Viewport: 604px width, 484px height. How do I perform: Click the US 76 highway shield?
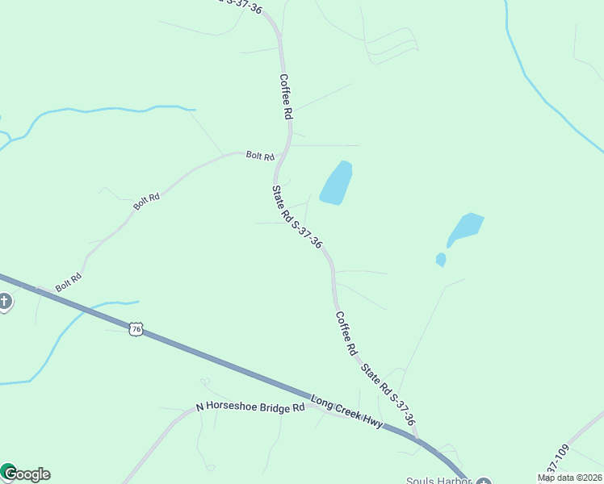136,328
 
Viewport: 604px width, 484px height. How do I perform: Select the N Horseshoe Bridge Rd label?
250,408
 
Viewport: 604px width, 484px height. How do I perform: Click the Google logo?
26,474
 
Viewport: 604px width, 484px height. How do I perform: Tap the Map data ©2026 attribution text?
569,478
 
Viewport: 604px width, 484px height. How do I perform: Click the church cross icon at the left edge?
5,302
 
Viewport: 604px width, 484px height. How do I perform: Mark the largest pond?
337,183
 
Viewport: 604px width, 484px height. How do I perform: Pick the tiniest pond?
440,259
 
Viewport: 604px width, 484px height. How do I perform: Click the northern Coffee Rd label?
285,97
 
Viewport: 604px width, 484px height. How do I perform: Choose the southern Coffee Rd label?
346,334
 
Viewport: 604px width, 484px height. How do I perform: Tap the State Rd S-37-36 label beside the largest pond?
297,217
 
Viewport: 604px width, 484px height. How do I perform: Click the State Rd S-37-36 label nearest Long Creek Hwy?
388,394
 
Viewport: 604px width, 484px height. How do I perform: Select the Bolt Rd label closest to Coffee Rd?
260,156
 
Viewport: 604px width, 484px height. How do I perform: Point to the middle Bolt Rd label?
147,201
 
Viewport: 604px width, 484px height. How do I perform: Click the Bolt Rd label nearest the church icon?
69,283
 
